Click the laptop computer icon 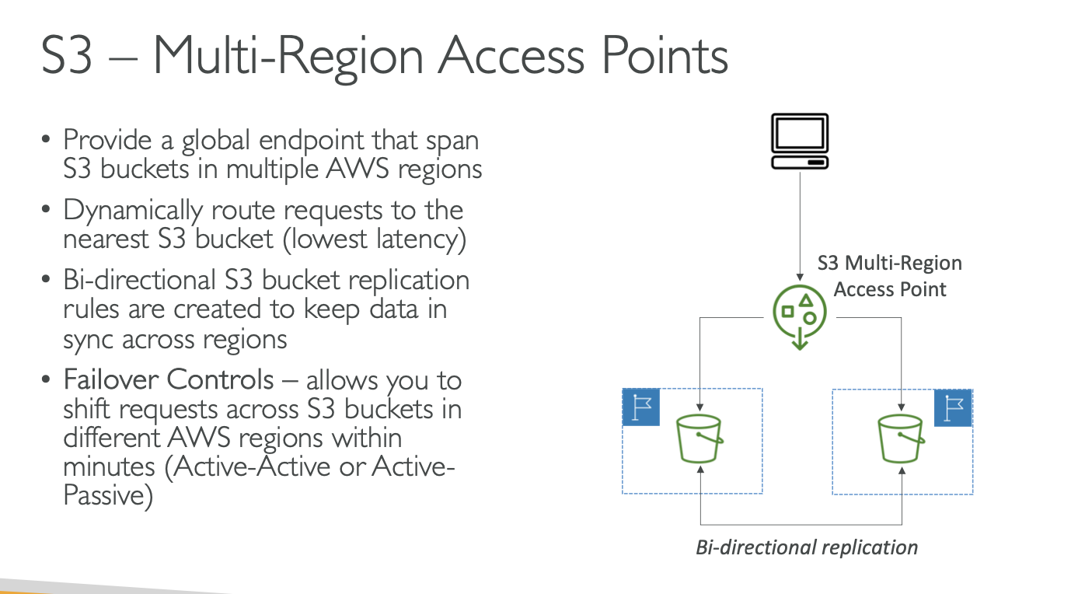pos(799,142)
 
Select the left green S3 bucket pos(700,440)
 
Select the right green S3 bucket pos(902,440)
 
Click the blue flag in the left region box pos(641,407)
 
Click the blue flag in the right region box pos(953,407)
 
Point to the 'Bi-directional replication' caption pos(806,547)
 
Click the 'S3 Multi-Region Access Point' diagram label pos(890,276)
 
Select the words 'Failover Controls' pos(169,380)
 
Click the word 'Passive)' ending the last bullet pos(107,495)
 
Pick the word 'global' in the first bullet pos(222,141)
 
